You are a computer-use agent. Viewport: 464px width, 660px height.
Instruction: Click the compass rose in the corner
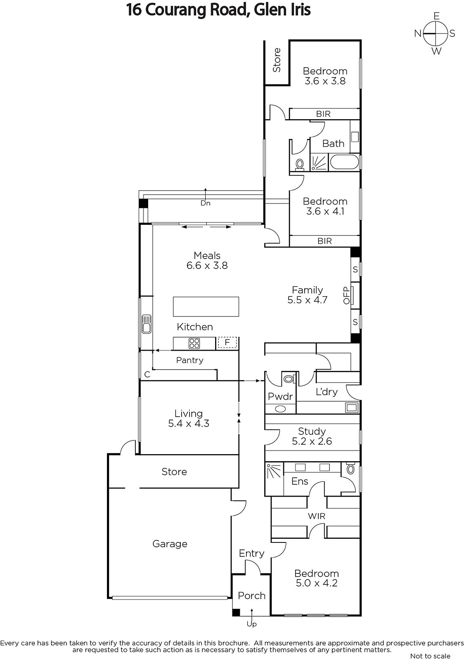tap(436, 33)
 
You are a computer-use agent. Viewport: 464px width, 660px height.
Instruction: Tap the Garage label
tap(170, 544)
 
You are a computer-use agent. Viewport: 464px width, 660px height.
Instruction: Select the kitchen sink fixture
tap(146, 324)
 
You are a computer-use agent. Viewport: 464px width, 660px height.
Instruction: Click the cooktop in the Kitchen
tap(194, 343)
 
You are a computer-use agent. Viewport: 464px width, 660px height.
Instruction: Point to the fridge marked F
tap(227, 343)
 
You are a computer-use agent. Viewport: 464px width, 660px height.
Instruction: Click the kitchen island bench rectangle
tap(206, 307)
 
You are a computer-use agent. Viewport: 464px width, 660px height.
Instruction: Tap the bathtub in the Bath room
tap(344, 162)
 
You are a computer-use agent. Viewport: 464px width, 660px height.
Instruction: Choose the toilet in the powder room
tap(289, 378)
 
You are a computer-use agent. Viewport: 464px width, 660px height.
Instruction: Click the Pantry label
tap(189, 360)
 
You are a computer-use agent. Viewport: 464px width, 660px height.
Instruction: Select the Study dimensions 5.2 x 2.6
tap(312, 441)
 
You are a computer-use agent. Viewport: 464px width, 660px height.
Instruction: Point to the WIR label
tap(317, 516)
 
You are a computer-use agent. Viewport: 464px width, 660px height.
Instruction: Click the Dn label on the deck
tap(206, 203)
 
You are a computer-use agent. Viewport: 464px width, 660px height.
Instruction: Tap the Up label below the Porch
tap(251, 624)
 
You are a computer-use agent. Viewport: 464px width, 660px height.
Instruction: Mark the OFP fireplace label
tap(346, 295)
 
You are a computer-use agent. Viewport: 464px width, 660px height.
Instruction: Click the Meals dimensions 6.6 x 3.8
tap(207, 266)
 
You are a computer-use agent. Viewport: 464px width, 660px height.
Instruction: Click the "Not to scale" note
tap(430, 656)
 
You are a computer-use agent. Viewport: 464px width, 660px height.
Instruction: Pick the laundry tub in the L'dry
tap(352, 408)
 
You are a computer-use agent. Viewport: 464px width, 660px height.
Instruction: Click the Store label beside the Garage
tap(174, 472)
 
